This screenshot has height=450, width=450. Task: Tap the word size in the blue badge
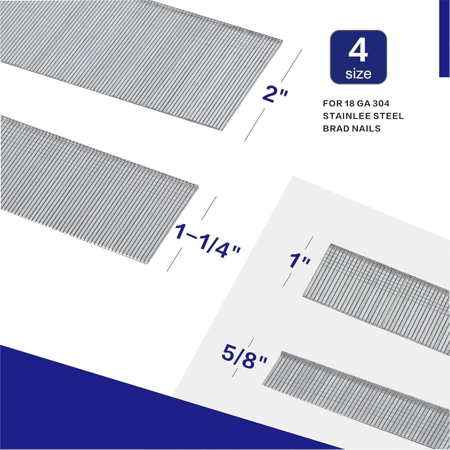358,73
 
